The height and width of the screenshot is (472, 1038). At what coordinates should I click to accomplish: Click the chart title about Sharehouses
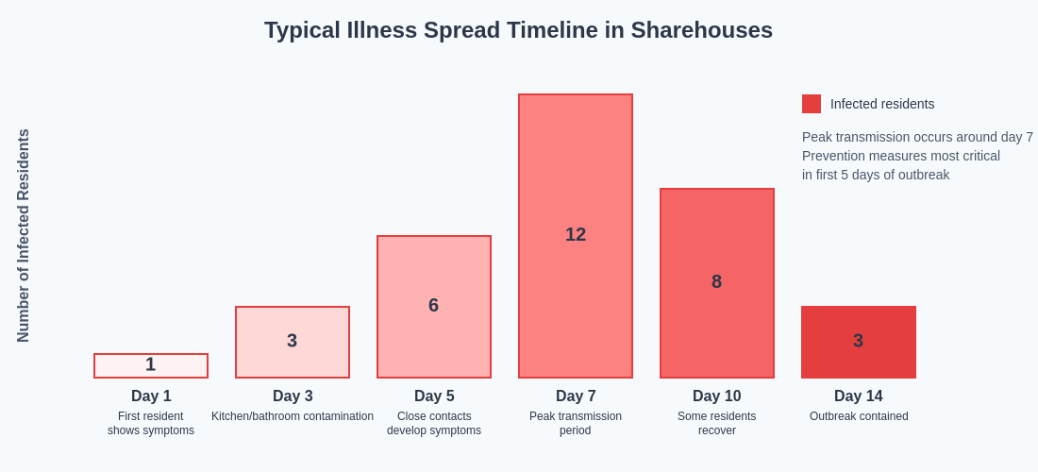coord(518,30)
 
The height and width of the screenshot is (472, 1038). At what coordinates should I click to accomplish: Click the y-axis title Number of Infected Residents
coord(24,236)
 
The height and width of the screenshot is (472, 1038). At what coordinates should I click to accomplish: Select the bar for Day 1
coord(151,365)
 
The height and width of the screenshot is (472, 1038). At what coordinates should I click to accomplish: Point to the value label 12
coord(576,234)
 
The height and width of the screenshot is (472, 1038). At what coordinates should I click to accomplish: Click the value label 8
coord(717,281)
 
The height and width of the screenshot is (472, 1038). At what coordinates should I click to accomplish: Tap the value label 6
coord(434,305)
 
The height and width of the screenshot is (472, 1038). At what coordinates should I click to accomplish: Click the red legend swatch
coord(812,104)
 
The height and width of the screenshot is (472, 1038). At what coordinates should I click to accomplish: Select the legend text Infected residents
coord(882,104)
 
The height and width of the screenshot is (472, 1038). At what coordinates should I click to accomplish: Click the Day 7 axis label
coord(576,396)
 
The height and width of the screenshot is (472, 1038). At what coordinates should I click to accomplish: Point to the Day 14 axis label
coord(859,396)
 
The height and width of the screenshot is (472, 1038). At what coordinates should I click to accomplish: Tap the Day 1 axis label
coord(151,396)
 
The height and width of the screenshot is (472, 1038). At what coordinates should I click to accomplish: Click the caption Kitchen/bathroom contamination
coord(293,416)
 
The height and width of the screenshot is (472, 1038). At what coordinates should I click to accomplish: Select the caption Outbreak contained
coord(859,416)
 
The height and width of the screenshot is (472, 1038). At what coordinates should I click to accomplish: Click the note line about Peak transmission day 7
coord(917,137)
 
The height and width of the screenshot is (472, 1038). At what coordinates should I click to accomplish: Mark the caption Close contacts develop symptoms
coord(434,423)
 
